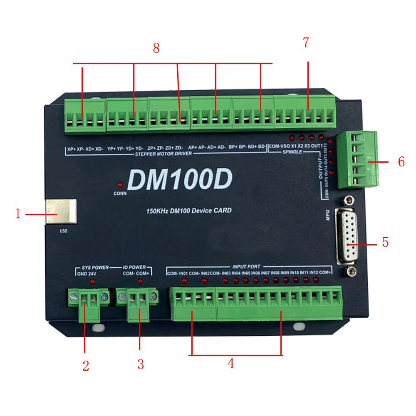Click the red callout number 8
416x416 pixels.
[156, 48]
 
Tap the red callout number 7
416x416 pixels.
[306, 42]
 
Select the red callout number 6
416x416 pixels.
[401, 162]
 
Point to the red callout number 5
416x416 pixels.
[385, 242]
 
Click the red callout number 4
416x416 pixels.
[230, 364]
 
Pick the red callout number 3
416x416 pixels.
[141, 364]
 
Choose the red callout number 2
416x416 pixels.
[86, 366]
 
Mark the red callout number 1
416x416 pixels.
[18, 214]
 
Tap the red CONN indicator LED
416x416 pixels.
[120, 185]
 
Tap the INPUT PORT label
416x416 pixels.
[246, 266]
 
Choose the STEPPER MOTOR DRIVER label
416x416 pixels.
[163, 154]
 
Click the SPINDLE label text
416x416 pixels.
[293, 152]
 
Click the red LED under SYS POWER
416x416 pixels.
[92, 282]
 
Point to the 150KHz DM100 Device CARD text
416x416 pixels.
[188, 210]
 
